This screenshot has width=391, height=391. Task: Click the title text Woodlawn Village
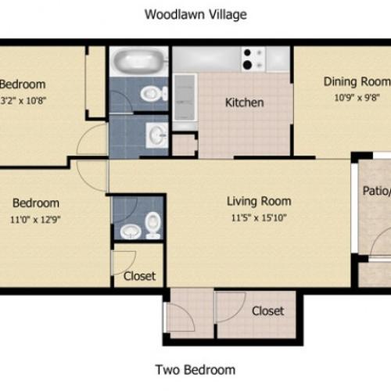tap(195, 14)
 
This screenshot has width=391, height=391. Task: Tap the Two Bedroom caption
tap(195, 370)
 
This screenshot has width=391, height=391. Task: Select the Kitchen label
tap(244, 102)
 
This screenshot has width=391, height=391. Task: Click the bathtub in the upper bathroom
tap(139, 62)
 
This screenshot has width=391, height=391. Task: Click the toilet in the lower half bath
tap(152, 225)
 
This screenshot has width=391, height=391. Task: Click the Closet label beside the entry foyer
tap(267, 311)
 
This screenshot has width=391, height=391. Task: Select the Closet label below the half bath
tap(139, 276)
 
